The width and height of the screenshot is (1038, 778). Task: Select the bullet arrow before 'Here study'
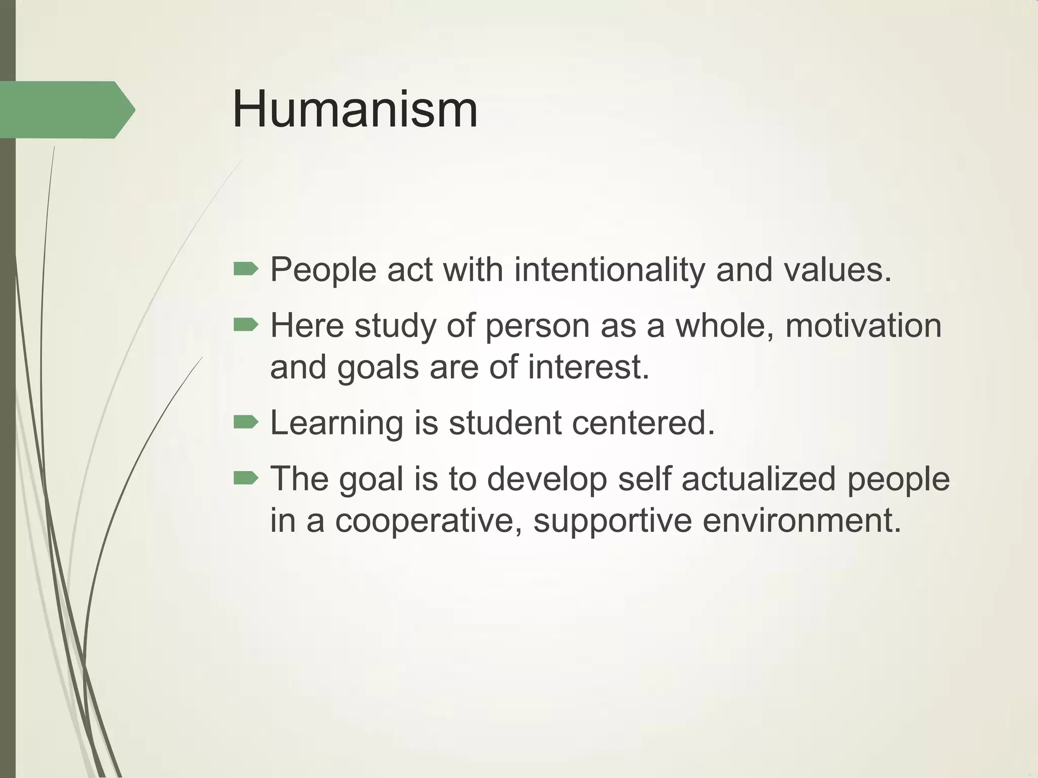click(246, 325)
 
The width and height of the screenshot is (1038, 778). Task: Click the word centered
click(643, 422)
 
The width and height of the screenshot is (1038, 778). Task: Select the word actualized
click(758, 479)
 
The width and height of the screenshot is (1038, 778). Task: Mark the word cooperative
click(429, 521)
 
